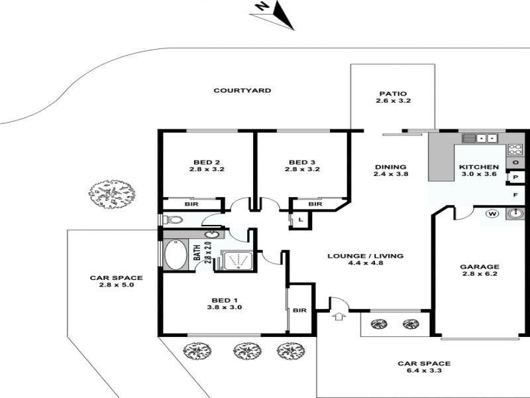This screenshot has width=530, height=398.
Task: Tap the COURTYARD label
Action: coord(242,90)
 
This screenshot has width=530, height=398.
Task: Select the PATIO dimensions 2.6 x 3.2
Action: coord(393,101)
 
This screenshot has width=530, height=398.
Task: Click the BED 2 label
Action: coord(207,162)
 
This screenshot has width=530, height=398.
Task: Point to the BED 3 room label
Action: coord(302,162)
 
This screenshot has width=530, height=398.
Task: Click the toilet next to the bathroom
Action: coord(173,220)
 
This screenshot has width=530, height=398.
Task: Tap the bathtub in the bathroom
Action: coord(176,255)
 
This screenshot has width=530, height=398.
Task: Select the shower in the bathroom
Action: coord(237,260)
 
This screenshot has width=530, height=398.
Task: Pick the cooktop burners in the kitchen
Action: coord(515,150)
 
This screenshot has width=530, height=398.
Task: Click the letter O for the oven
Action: coord(516,163)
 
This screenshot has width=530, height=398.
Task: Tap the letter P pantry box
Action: coord(515,177)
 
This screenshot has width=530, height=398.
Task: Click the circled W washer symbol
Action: coord(492,214)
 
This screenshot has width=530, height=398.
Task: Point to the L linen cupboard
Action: coord(301,220)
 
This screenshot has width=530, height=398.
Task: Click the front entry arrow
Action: coord(339,316)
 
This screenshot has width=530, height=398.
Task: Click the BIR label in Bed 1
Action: coord(299,310)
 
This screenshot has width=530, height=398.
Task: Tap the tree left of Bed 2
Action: coord(112,194)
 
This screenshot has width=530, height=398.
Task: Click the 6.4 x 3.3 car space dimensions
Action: coord(424,371)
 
